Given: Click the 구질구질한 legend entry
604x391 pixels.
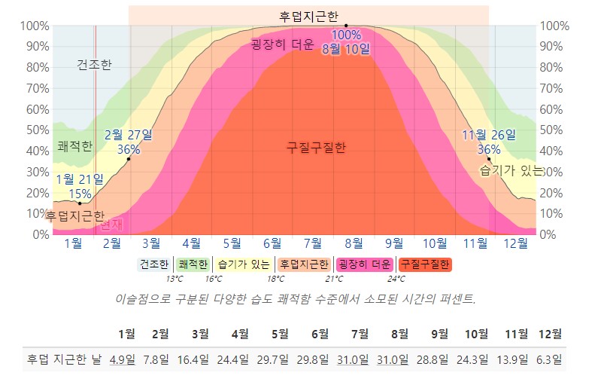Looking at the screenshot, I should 424,264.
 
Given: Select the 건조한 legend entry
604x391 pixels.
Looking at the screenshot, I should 154,264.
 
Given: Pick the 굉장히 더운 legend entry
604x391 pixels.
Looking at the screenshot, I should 364,264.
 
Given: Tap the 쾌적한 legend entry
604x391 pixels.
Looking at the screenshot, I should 193,264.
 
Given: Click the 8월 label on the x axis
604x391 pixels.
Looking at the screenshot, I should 354,243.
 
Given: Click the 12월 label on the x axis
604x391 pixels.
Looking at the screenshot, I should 515,243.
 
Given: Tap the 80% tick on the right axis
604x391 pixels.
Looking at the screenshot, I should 552,67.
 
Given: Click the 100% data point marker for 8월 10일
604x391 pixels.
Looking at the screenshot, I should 346,26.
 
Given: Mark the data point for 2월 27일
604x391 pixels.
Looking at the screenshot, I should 129,159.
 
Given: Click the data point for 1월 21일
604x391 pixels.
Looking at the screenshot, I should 80,203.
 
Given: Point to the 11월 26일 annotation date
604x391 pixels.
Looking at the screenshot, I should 489,135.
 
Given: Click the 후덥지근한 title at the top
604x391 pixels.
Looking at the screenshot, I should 308,15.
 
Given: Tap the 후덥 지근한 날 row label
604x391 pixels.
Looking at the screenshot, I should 64,359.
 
